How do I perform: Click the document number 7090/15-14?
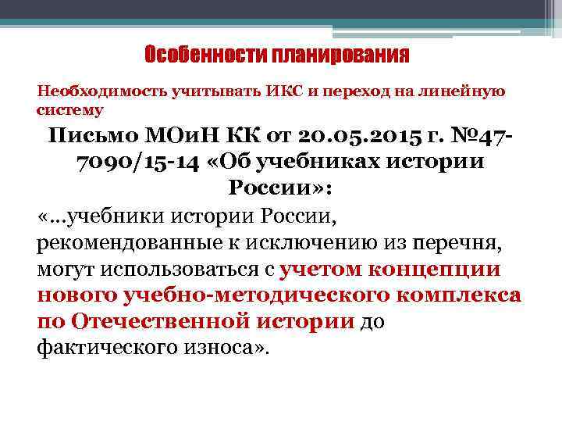pyautogui.click(x=137, y=163)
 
